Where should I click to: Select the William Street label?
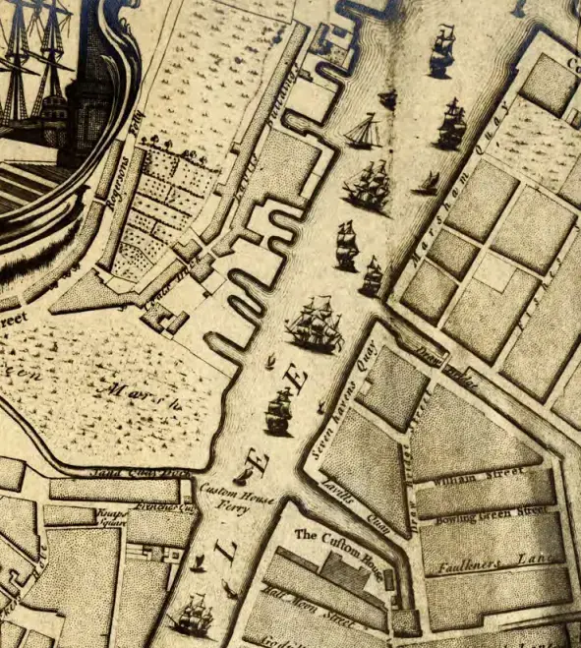click(462, 481)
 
